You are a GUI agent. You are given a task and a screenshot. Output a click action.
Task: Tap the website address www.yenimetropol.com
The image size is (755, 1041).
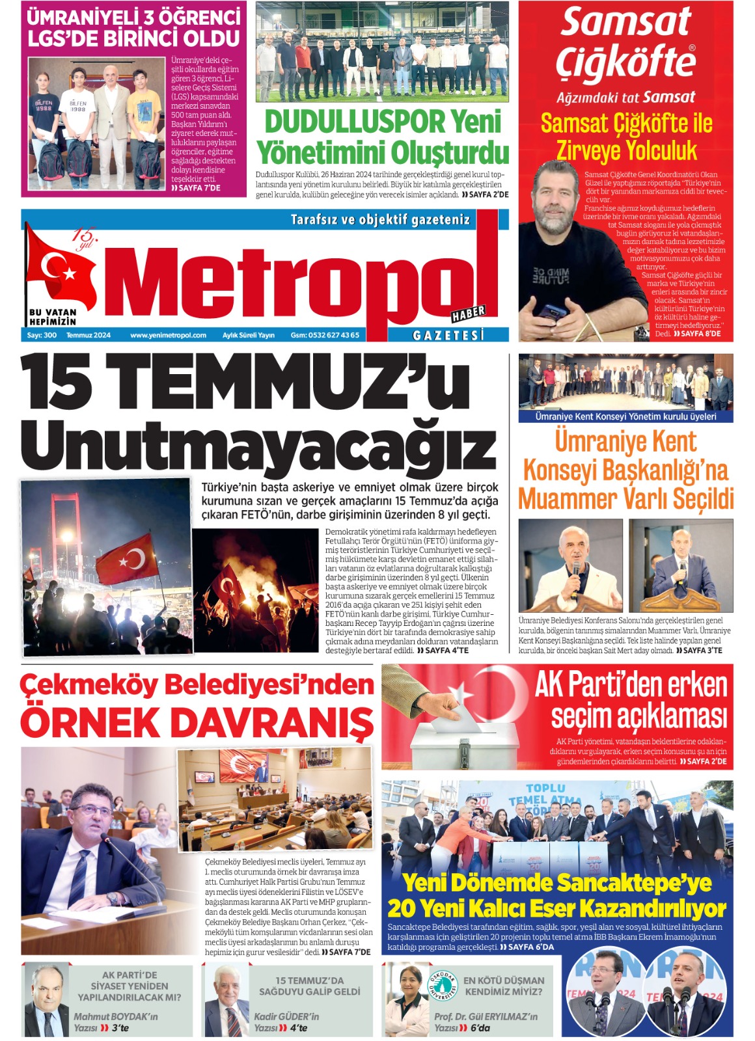click(x=168, y=336)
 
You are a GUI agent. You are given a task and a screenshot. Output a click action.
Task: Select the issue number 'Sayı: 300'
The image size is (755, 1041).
click(x=42, y=336)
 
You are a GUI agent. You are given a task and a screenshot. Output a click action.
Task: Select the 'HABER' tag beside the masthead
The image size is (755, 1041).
click(x=469, y=314)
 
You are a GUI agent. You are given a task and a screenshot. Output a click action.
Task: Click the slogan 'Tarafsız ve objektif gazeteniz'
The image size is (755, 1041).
click(x=380, y=220)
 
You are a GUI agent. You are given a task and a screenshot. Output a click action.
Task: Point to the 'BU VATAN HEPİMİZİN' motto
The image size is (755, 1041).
click(x=53, y=317)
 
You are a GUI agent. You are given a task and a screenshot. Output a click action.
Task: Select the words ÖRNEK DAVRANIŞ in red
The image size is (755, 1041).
click(x=197, y=722)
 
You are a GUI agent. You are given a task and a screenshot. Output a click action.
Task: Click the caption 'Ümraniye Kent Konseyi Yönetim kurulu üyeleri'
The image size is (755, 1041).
click(x=625, y=416)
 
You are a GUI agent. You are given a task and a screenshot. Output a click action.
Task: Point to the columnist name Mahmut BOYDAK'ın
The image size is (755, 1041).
click(x=115, y=1016)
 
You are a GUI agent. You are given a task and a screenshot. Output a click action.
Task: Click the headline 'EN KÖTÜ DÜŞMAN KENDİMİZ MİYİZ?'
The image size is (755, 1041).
click(x=504, y=986)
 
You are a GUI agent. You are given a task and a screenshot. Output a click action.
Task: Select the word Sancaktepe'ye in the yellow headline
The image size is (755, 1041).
click(x=635, y=883)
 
